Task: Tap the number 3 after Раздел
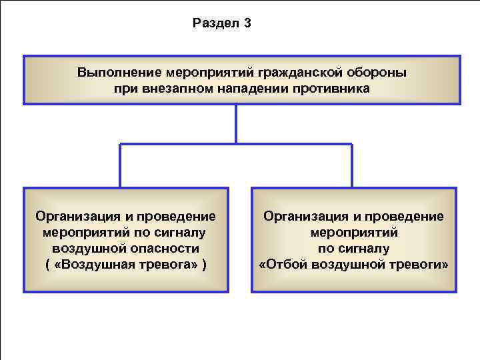[247, 24]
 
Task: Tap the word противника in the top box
[331, 88]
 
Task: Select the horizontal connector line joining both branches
[236, 144]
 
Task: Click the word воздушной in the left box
[85, 249]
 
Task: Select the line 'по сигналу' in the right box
[353, 249]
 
